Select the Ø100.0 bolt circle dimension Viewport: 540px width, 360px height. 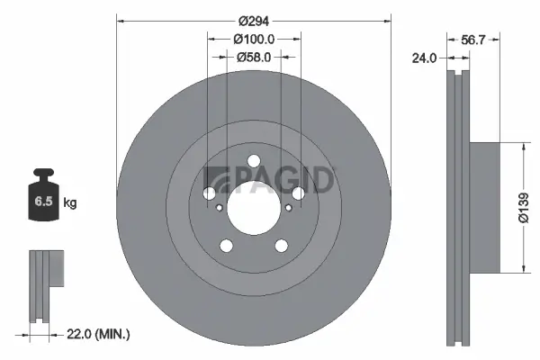(253, 39)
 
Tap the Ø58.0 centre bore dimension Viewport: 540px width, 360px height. (253, 57)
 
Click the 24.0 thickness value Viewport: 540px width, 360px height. (423, 58)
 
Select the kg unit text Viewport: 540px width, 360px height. (70, 203)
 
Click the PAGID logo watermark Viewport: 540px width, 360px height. (270, 179)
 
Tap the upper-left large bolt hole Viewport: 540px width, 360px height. (210, 193)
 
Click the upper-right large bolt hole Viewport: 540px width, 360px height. (298, 193)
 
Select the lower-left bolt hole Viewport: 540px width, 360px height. (227, 246)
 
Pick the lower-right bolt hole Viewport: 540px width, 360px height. (281, 246)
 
